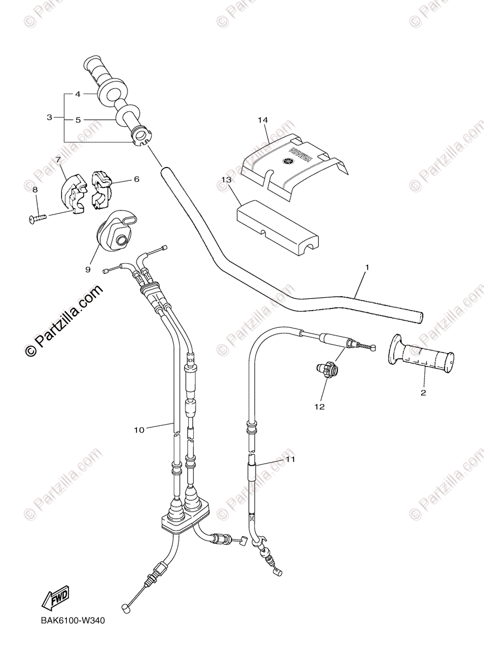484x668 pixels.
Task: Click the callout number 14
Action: [263, 120]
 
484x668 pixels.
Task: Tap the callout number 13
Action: [226, 180]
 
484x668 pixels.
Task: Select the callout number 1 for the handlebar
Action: [366, 268]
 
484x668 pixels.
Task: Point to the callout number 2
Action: [423, 393]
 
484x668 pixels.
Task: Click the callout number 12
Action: [319, 407]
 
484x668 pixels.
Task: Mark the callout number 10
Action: [139, 429]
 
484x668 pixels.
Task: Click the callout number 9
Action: [87, 269]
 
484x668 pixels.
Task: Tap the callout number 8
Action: [35, 190]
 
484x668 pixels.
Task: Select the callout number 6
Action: [136, 179]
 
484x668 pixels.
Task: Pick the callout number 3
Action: [50, 117]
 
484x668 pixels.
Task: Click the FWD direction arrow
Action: [53, 600]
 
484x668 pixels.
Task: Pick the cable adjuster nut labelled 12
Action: [328, 368]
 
